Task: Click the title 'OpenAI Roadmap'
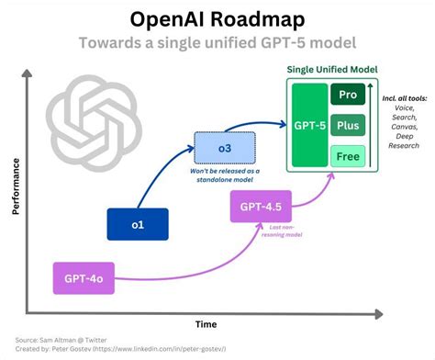[x=217, y=19]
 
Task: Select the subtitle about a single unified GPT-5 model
[x=217, y=43]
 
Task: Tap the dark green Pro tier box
[x=349, y=95]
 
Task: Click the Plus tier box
[x=349, y=126]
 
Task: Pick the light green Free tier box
[x=349, y=156]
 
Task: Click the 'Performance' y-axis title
[x=15, y=184]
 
